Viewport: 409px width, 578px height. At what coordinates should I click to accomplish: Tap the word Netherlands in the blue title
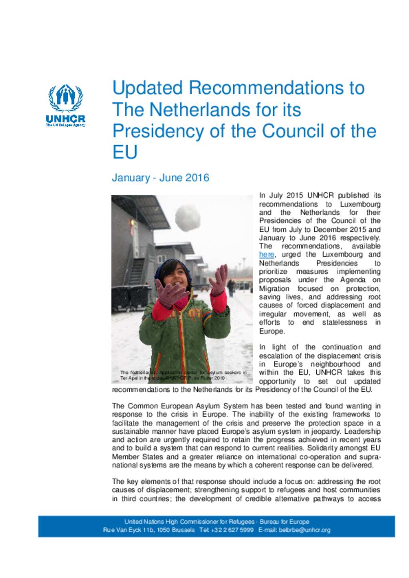[x=206, y=110]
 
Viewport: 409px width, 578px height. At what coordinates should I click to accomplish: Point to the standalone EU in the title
[x=125, y=152]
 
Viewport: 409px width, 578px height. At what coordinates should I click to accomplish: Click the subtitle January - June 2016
[x=161, y=178]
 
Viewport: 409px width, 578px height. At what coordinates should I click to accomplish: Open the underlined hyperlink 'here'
[x=266, y=254]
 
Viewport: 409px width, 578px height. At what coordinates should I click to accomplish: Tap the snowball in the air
[x=187, y=218]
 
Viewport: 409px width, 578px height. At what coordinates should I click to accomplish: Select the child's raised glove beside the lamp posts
[x=218, y=280]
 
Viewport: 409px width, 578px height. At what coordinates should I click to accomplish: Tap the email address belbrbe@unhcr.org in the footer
[x=305, y=530]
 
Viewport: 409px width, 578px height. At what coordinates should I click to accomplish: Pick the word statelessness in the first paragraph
[x=345, y=322]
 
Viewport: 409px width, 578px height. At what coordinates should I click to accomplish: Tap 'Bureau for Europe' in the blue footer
[x=284, y=522]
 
